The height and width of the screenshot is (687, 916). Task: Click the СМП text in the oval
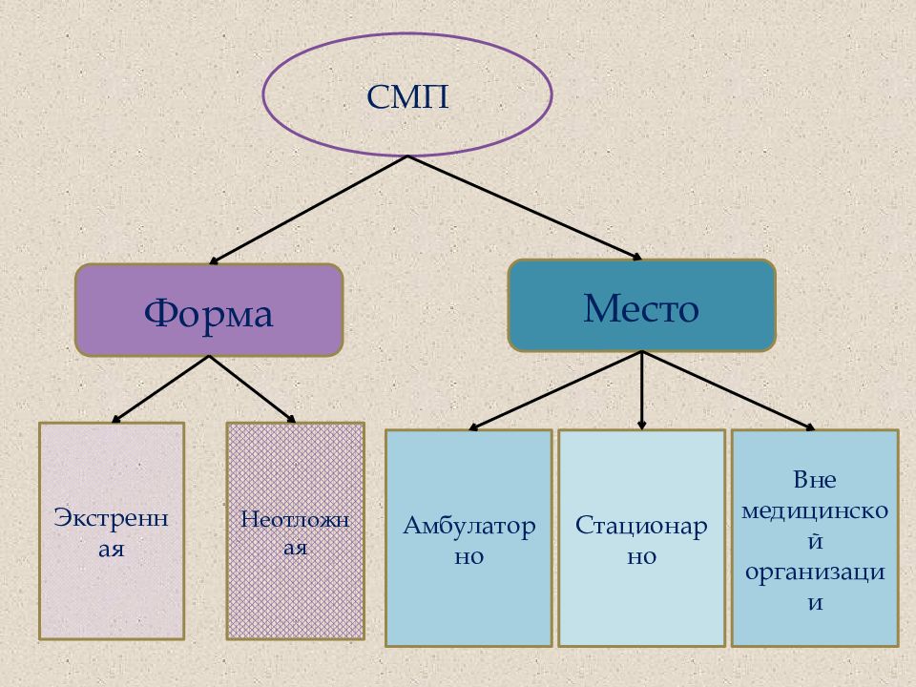pyautogui.click(x=407, y=97)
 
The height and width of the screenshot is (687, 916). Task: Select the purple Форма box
pyautogui.click(x=209, y=310)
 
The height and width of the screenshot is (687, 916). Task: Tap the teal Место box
pyautogui.click(x=641, y=305)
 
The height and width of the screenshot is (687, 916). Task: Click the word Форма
pyautogui.click(x=209, y=313)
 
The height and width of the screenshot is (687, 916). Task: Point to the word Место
pyautogui.click(x=641, y=308)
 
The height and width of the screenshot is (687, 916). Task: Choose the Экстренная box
pyautogui.click(x=112, y=531)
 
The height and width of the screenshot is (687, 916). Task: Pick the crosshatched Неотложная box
pyautogui.click(x=296, y=531)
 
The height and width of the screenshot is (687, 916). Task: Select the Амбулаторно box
pyautogui.click(x=468, y=538)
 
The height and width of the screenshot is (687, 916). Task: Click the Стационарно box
pyautogui.click(x=641, y=538)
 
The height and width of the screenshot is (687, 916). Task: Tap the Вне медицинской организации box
pyautogui.click(x=815, y=538)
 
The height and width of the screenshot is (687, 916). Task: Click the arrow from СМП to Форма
pyautogui.click(x=308, y=210)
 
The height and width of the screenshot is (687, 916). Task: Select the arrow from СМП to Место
pyautogui.click(x=525, y=207)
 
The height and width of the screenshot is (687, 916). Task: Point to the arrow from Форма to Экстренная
pyautogui.click(x=160, y=389)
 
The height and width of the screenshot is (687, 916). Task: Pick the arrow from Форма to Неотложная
pyautogui.click(x=252, y=389)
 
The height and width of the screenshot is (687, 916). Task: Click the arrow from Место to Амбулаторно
pyautogui.click(x=555, y=391)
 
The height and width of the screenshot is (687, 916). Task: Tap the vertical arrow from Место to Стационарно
pyautogui.click(x=641, y=391)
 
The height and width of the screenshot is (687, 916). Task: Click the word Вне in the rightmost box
pyautogui.click(x=815, y=480)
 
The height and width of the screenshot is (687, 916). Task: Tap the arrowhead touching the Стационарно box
pyautogui.click(x=641, y=426)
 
